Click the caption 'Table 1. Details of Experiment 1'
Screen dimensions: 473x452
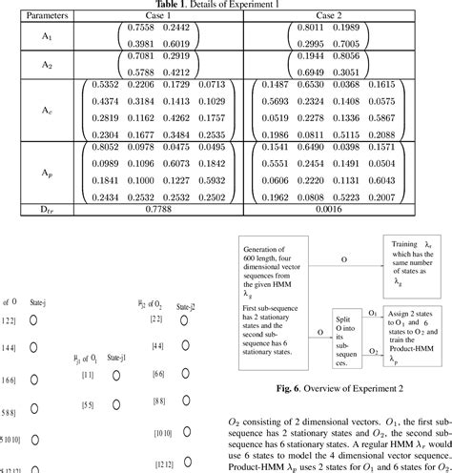click(226, 5)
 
